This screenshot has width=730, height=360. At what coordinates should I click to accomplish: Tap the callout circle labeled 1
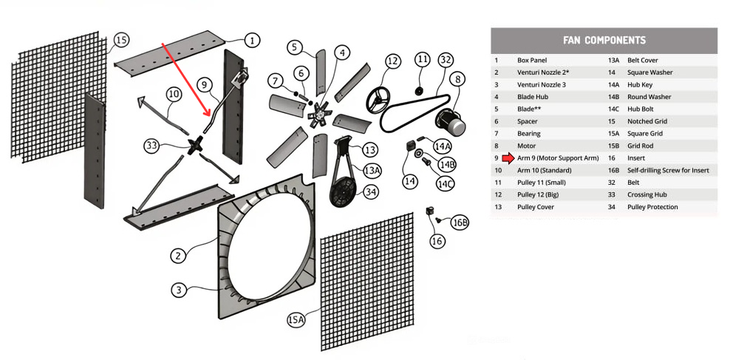251,40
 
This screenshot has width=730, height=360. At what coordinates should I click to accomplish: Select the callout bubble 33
152,146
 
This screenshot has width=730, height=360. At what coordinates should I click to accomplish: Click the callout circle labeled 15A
296,319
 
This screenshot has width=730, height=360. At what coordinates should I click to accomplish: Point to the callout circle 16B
460,221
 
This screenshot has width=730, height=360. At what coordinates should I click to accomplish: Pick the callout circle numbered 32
446,59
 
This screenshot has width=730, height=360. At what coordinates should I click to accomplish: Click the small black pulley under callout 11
420,91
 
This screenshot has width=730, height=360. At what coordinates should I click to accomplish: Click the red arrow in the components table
507,158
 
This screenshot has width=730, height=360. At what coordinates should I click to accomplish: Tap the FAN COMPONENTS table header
604,40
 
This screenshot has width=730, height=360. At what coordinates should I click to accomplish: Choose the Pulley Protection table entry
652,207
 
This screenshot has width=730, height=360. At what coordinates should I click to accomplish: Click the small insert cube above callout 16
429,212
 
